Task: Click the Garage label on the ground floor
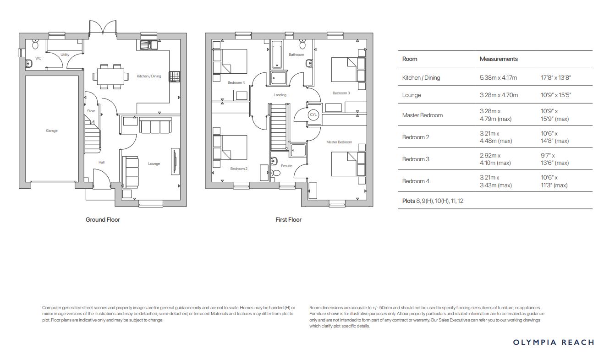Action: pyautogui.click(x=52, y=131)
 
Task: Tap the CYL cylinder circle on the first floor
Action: pyautogui.click(x=313, y=115)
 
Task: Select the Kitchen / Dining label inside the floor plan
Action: pyautogui.click(x=149, y=76)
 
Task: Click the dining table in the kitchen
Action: pyautogui.click(x=110, y=76)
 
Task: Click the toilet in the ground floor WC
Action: pyautogui.click(x=36, y=44)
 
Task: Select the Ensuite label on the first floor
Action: pyautogui.click(x=286, y=166)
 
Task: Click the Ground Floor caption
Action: pyautogui.click(x=103, y=220)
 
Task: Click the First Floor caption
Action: pyautogui.click(x=288, y=220)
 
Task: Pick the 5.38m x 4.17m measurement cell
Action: pyautogui.click(x=498, y=78)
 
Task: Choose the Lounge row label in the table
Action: pyautogui.click(x=411, y=95)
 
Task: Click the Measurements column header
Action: pyautogui.click(x=499, y=59)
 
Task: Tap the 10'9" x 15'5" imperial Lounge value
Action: pyautogui.click(x=556, y=95)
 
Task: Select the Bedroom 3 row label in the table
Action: pyautogui.click(x=416, y=159)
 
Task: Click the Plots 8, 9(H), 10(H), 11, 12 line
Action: pyautogui.click(x=433, y=201)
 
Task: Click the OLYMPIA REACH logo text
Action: pyautogui.click(x=554, y=342)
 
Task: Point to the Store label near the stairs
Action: pyautogui.click(x=91, y=111)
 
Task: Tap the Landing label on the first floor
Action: pyautogui.click(x=280, y=95)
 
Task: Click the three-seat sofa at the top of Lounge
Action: pyautogui.click(x=155, y=125)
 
